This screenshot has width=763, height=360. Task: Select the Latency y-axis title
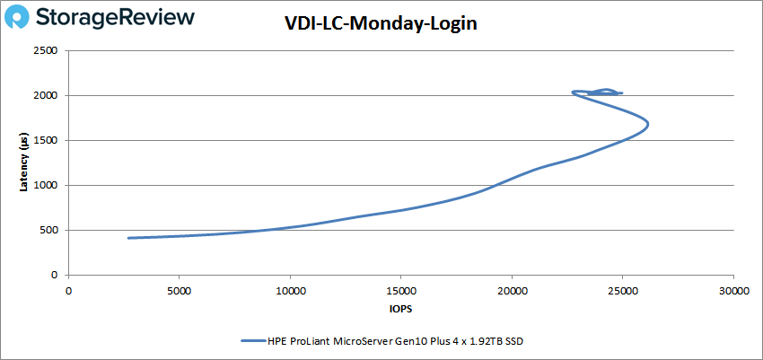coord(24,163)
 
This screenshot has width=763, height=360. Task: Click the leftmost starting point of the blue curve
coord(129,238)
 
